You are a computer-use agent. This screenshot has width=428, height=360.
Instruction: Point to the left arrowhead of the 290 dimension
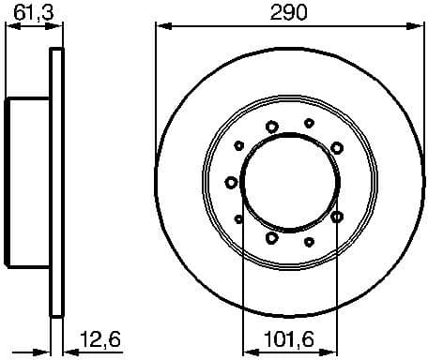click(161, 28)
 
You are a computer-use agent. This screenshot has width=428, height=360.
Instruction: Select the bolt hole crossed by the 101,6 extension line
click(337, 217)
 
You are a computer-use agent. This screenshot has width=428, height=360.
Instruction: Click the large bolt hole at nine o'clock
click(231, 182)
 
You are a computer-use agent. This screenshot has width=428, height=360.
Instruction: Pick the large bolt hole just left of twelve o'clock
click(272, 127)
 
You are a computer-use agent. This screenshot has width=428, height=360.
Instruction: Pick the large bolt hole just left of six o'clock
click(271, 237)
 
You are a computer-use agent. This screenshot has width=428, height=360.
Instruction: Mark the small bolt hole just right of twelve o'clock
click(310, 122)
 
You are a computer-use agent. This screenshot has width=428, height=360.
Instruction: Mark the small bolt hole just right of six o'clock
click(310, 242)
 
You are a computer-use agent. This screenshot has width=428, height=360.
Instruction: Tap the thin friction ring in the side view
click(57, 183)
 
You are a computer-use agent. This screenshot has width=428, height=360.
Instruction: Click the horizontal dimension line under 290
click(235, 28)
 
